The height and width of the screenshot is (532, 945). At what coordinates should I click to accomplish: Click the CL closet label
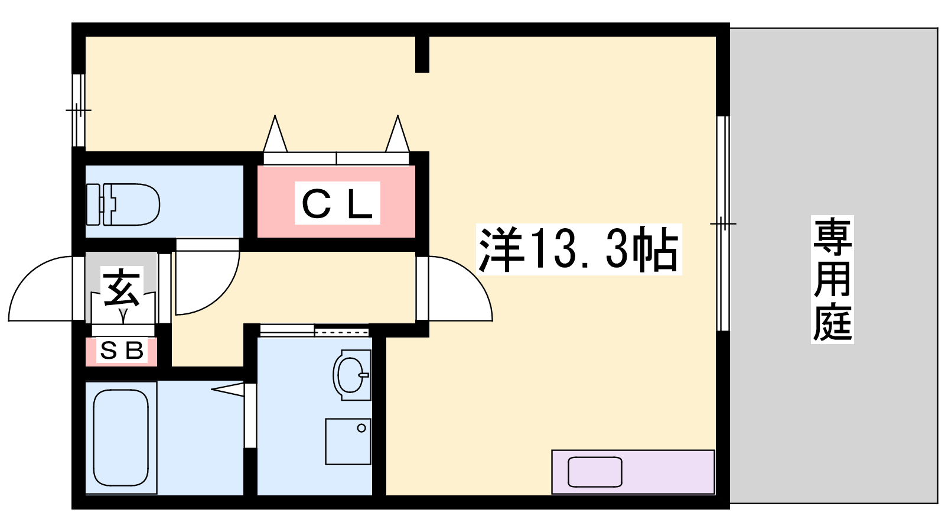(337, 203)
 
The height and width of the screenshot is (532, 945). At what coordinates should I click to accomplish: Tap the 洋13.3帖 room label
(579, 249)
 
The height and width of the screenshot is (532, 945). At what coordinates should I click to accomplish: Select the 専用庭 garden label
(832, 279)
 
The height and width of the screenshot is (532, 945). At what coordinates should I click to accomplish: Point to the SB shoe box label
(122, 351)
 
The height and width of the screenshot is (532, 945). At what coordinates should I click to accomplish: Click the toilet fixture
(123, 205)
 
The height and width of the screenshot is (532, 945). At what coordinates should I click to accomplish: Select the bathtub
(121, 437)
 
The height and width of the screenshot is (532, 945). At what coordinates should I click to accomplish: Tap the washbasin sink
(352, 375)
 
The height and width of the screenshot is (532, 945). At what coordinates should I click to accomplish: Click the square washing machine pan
(348, 442)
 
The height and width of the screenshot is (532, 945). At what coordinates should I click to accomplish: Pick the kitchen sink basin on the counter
(595, 472)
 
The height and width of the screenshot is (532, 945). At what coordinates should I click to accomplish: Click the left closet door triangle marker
(275, 134)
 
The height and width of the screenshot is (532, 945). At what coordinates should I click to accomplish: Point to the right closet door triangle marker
(397, 134)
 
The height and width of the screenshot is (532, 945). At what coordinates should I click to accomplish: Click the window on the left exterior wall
(79, 110)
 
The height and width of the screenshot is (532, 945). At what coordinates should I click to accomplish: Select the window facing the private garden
(723, 223)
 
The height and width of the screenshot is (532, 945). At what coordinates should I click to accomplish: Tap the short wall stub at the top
(422, 54)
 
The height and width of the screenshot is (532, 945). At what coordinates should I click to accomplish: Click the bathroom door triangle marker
(228, 390)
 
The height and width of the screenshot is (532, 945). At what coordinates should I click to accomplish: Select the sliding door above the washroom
(314, 330)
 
